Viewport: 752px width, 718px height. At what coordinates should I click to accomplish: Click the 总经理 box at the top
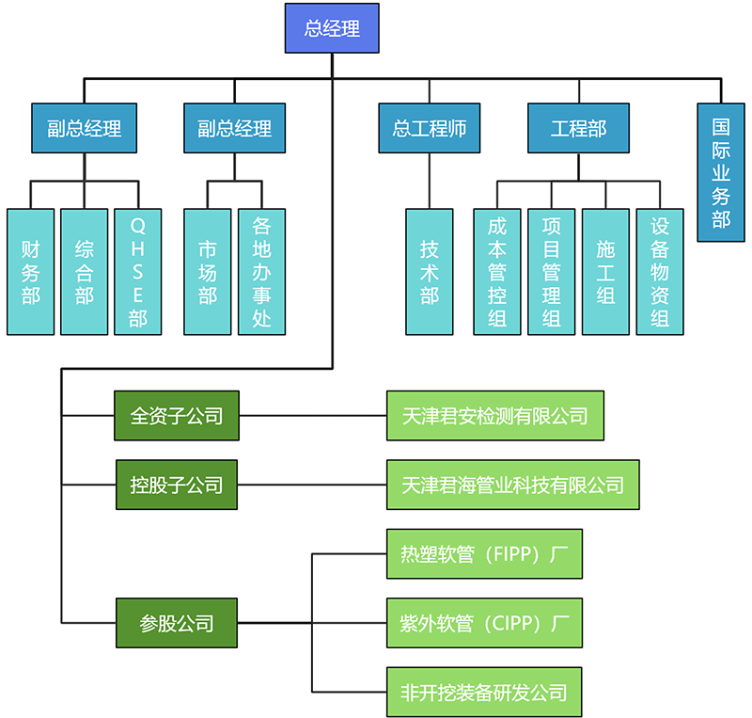[x=333, y=28]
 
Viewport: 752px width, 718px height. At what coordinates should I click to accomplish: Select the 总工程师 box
[x=430, y=128]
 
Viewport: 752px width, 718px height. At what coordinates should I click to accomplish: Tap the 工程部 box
[x=578, y=128]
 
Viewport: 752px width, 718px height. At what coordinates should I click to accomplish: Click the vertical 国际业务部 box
[x=721, y=172]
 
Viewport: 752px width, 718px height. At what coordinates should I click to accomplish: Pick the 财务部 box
[x=31, y=271]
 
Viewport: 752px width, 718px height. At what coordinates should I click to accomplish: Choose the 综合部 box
[x=85, y=271]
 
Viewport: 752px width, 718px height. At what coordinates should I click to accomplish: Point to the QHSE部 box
[x=138, y=271]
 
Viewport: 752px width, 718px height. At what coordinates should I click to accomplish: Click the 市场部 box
[x=208, y=271]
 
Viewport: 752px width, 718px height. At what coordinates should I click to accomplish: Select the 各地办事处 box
[x=261, y=271]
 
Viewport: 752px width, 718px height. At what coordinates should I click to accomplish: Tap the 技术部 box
[x=430, y=271]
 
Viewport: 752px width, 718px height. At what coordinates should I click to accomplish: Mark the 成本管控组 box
[x=497, y=271]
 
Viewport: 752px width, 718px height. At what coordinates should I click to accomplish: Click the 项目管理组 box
[x=552, y=271]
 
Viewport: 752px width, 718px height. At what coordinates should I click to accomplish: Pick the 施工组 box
[x=605, y=271]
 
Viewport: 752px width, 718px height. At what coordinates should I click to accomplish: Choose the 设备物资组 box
[x=660, y=271]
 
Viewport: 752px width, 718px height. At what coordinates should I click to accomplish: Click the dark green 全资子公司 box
[x=177, y=416]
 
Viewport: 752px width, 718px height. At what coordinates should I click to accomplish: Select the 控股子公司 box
[x=177, y=485]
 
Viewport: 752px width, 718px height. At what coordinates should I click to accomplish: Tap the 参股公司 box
[x=177, y=623]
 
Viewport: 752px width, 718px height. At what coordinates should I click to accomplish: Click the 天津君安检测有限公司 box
[x=495, y=416]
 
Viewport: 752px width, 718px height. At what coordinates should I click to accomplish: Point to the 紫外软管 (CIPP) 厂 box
[x=484, y=623]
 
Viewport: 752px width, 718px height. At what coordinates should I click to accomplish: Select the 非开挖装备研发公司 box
[x=484, y=693]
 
